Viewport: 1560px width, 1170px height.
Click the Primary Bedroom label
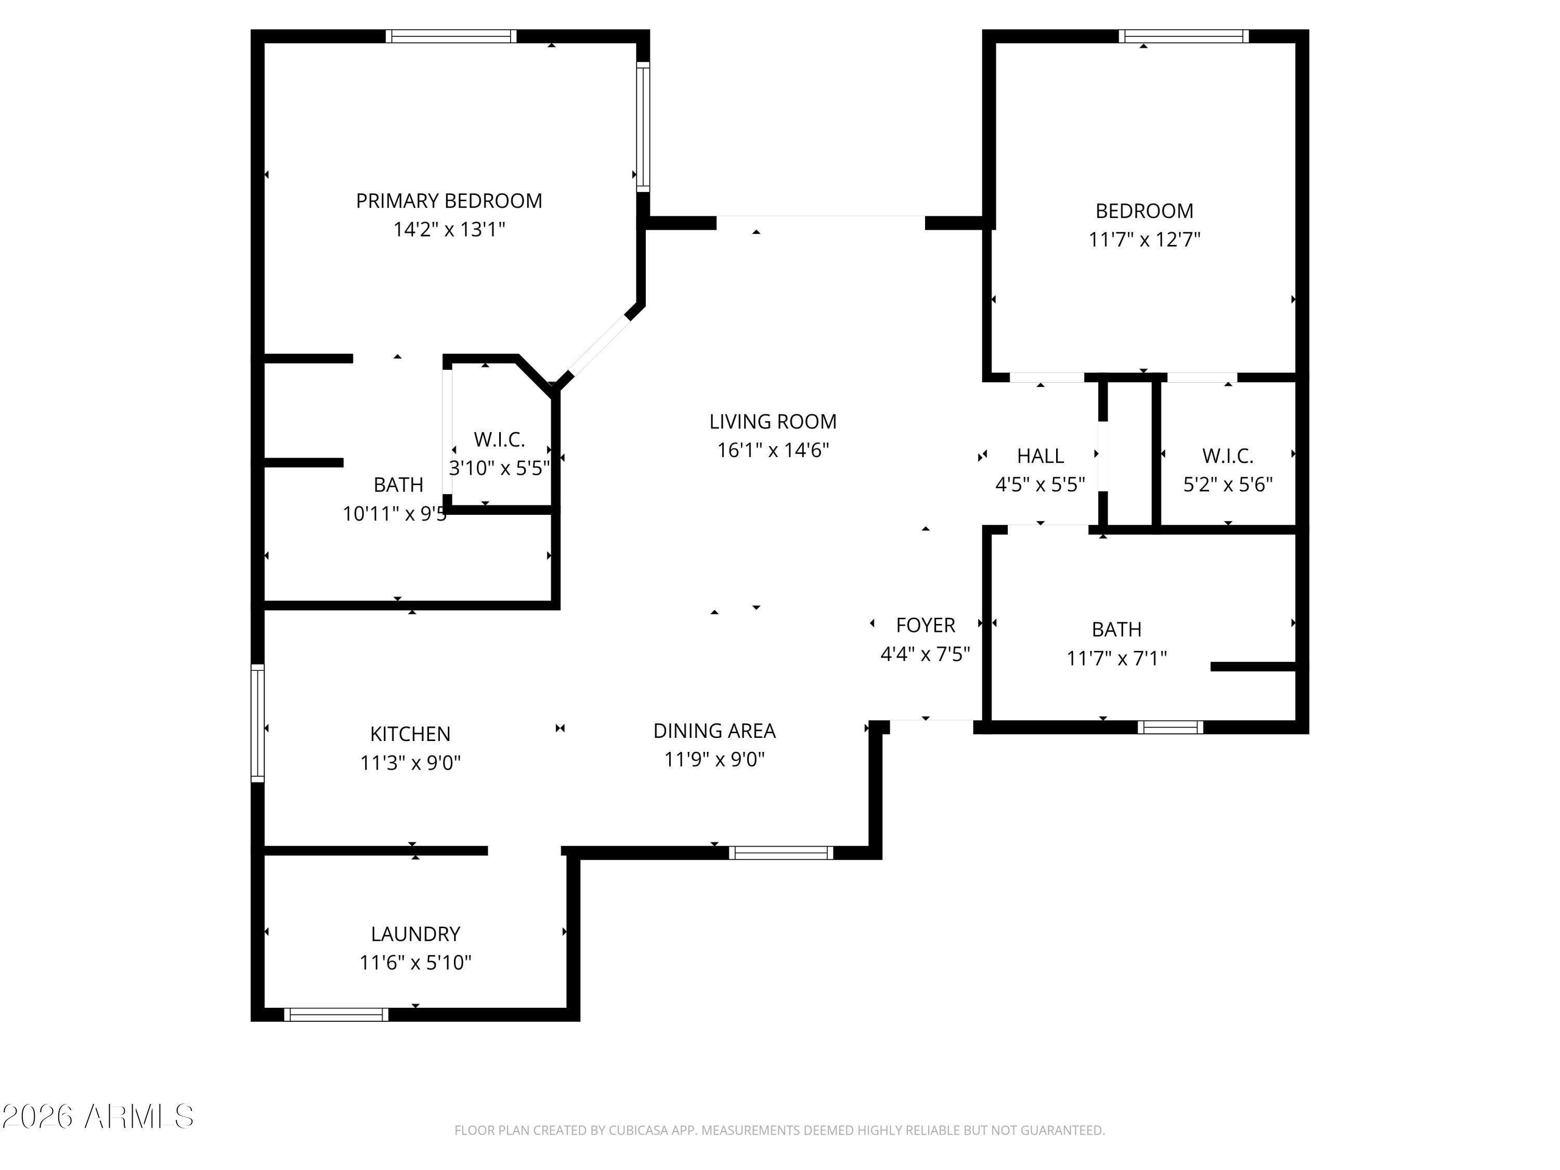tap(449, 201)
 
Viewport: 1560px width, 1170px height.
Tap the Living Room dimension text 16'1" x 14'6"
tap(773, 450)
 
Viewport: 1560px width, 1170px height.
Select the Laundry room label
tap(415, 934)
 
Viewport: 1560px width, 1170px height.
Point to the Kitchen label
tap(410, 734)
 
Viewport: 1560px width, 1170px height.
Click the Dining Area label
tap(714, 731)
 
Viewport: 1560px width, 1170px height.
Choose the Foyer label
tap(925, 625)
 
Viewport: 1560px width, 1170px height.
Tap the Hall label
tap(1040, 456)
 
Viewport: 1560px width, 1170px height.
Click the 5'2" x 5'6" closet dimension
tap(1228, 485)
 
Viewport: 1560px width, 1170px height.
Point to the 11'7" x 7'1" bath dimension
tap(1116, 658)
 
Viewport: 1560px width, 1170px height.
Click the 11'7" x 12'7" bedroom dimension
tap(1144, 239)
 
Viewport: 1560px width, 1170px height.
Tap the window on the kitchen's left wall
tap(258, 723)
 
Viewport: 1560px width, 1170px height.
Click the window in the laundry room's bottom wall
tap(336, 1014)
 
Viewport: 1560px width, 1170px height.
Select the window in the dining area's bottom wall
tap(781, 853)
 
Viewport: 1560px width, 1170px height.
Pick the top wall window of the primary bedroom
tap(451, 36)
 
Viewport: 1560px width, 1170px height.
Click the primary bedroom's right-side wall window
tap(643, 126)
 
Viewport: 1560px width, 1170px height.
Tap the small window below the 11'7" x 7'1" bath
tap(1171, 727)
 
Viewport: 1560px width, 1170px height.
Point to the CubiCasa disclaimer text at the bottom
tap(779, 1130)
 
